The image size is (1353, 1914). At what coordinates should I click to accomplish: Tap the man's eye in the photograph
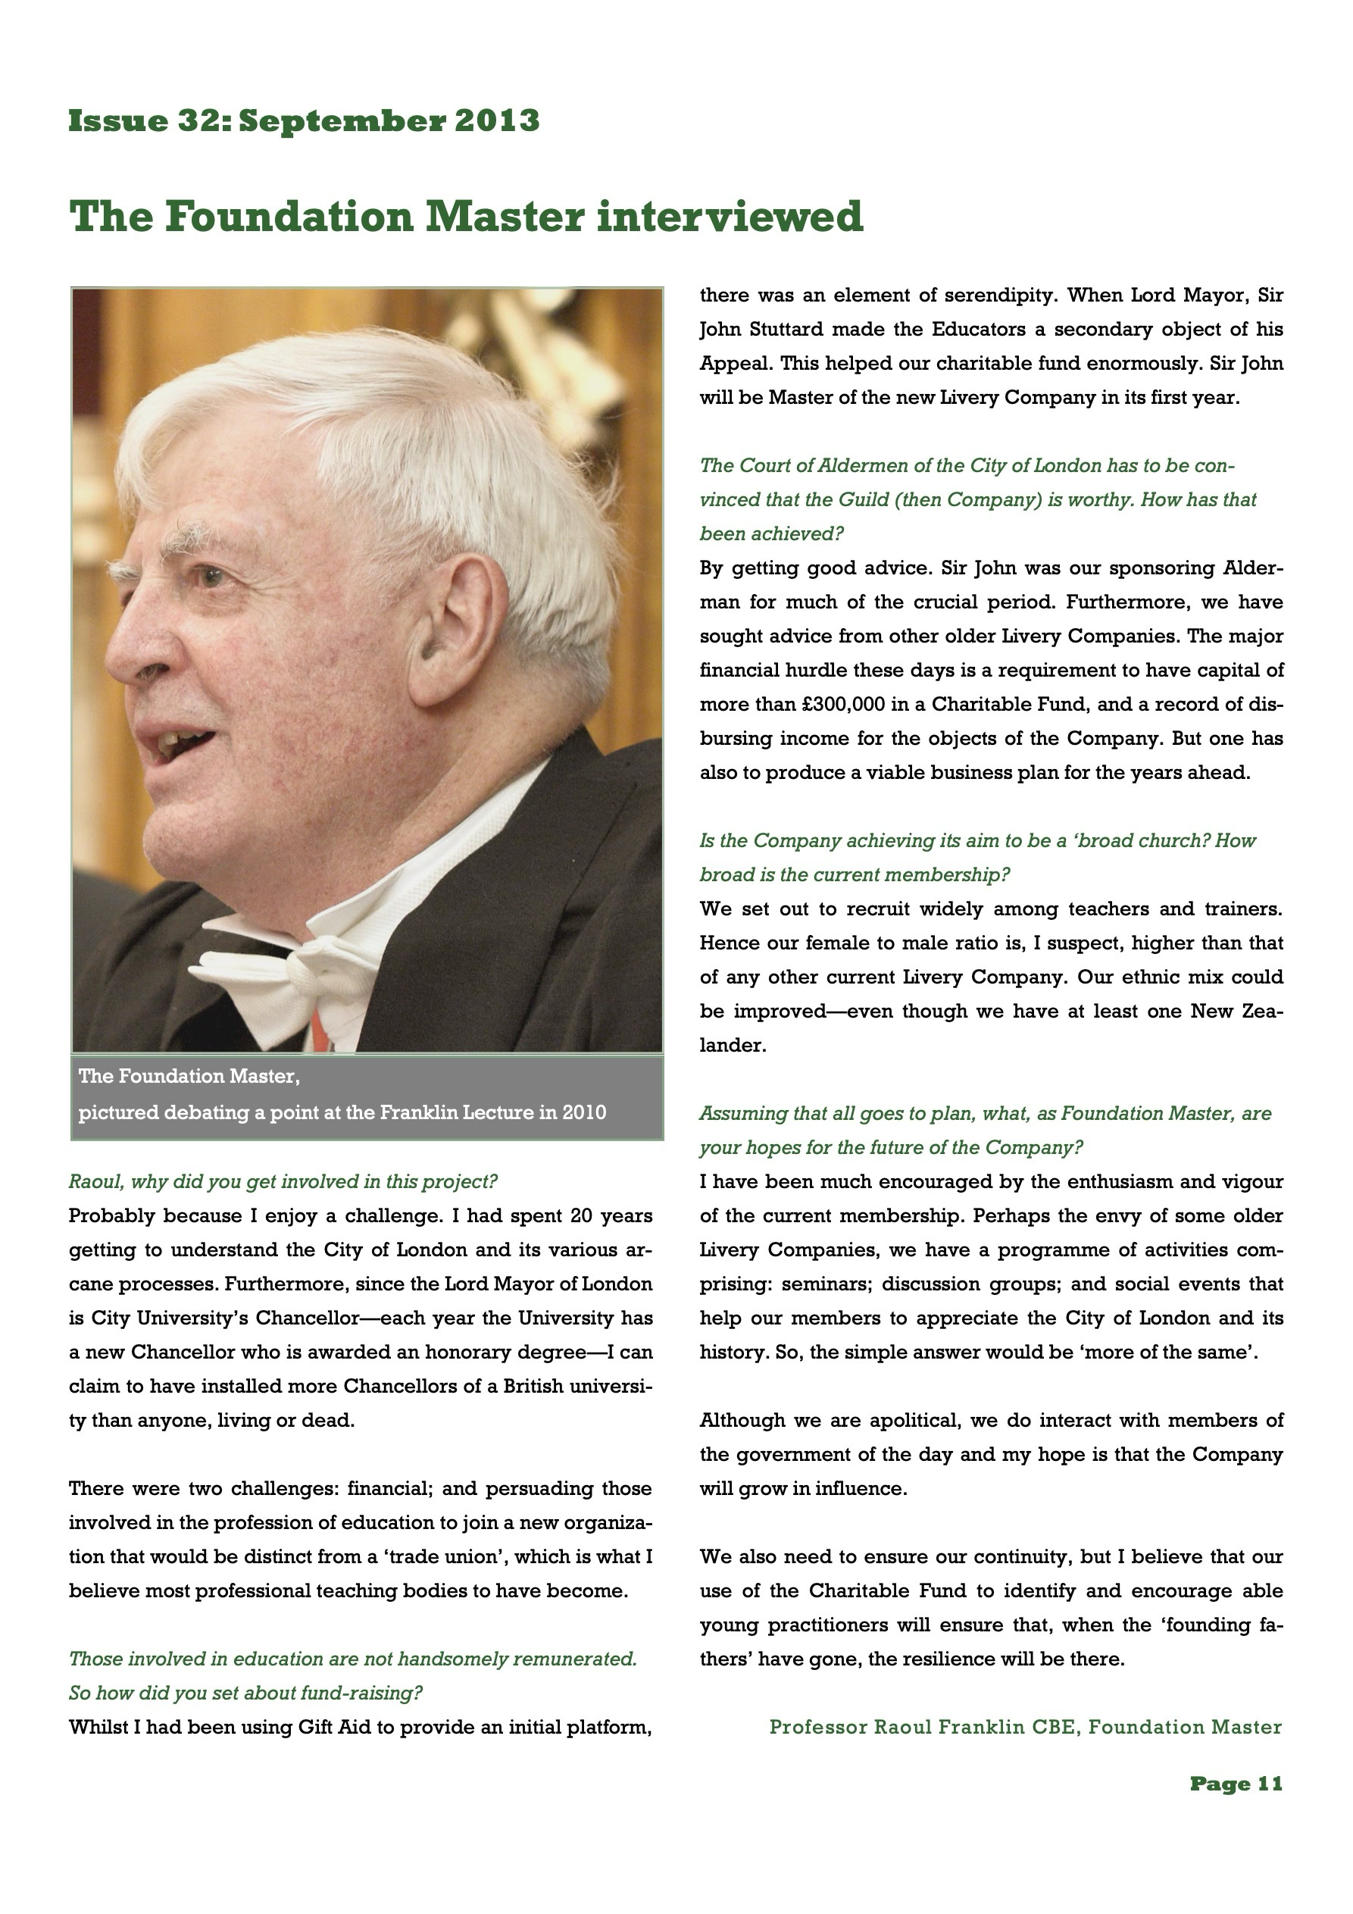click(210, 574)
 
